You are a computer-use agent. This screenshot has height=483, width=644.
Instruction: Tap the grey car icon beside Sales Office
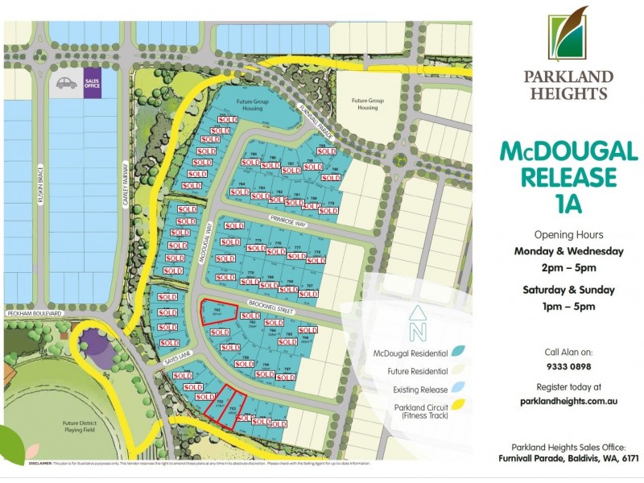(x=65, y=83)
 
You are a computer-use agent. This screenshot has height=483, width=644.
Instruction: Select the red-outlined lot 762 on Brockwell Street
(x=217, y=313)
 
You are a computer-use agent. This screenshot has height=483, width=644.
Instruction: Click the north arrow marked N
(x=416, y=324)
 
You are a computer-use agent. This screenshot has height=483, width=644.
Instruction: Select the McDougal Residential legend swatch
(x=458, y=352)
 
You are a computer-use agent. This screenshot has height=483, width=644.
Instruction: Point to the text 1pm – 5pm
(x=568, y=306)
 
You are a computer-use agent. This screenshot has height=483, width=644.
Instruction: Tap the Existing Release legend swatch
(x=458, y=390)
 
